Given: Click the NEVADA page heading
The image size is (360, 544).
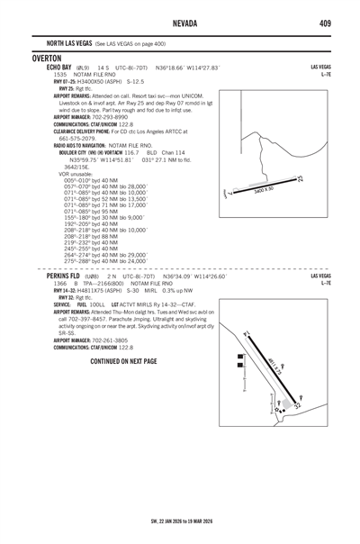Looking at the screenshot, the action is (x=180, y=22).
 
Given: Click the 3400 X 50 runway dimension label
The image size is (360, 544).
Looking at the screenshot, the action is (x=264, y=190).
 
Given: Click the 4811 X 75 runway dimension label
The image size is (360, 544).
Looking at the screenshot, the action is (x=274, y=367).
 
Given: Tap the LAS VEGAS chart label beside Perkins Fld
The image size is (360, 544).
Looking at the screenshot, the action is (x=320, y=276).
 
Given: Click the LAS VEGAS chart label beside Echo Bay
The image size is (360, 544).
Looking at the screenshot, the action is (x=320, y=67).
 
